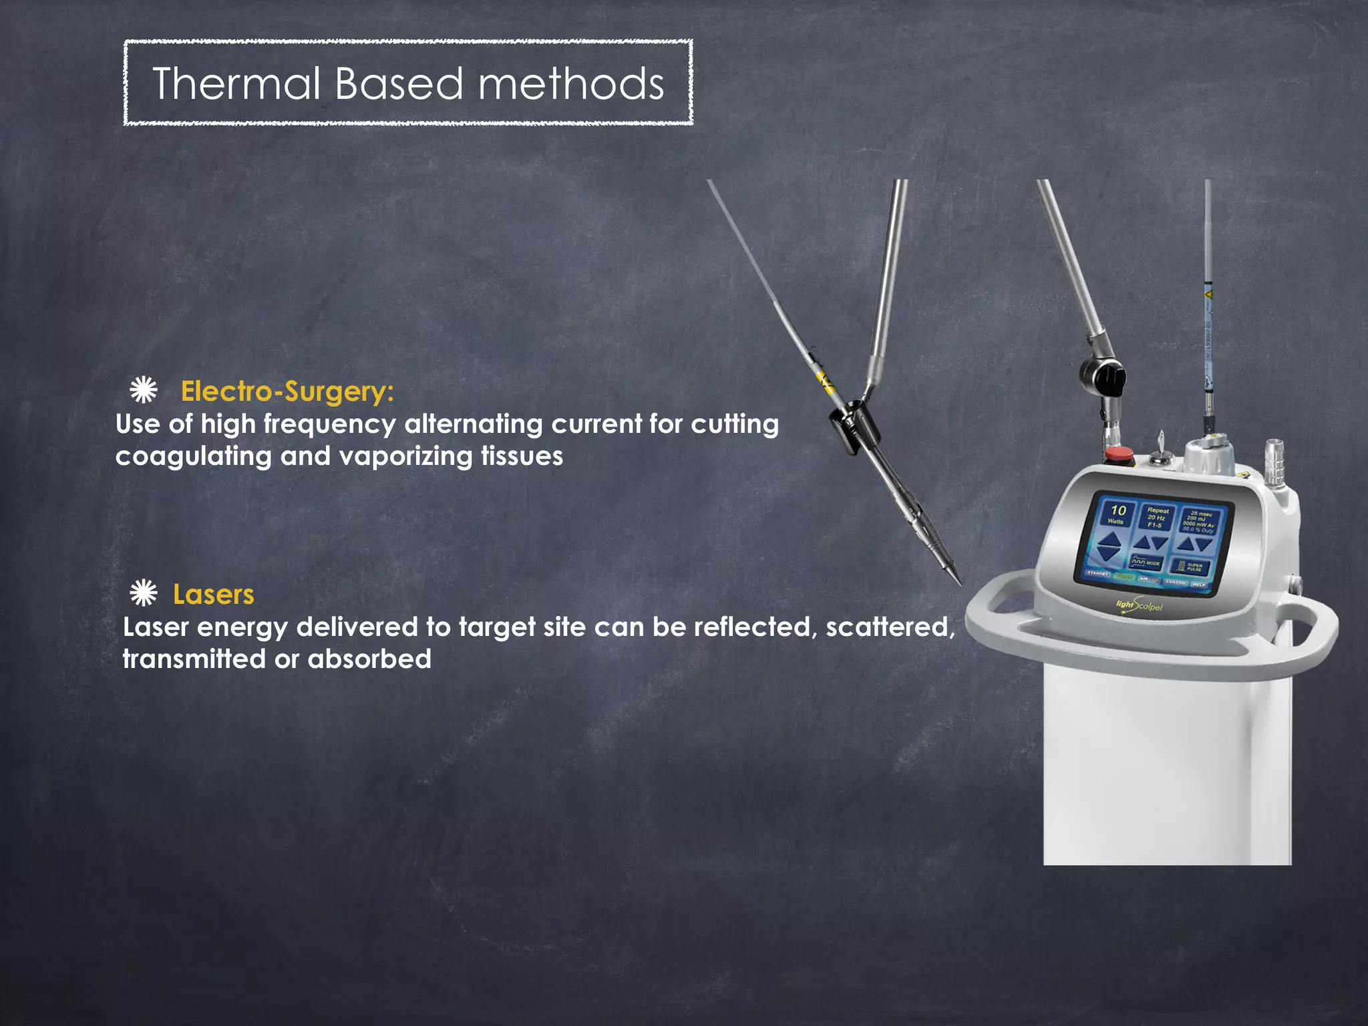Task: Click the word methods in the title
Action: (570, 84)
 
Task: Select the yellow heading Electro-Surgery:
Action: (287, 391)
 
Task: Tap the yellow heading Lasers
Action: (213, 594)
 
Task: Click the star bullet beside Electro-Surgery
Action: (144, 390)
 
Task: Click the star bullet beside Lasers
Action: (144, 593)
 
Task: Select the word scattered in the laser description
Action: (889, 627)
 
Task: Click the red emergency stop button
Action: (1120, 456)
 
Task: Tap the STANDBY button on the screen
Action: (1097, 573)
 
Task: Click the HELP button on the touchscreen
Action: (1200, 584)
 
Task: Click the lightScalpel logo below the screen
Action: (1140, 607)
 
